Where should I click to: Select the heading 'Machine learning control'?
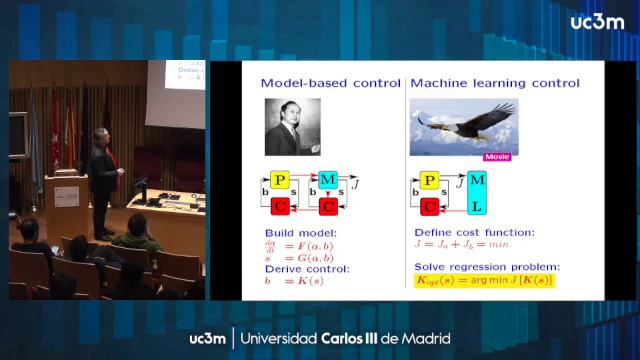coord(485,82)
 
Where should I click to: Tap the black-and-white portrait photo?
coord(292,125)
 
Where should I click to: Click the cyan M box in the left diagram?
coord(327,181)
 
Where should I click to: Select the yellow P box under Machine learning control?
coord(430,181)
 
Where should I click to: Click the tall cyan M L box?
coord(477,193)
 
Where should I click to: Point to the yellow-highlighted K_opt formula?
coord(484,281)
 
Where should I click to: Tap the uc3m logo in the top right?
coord(597,22)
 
